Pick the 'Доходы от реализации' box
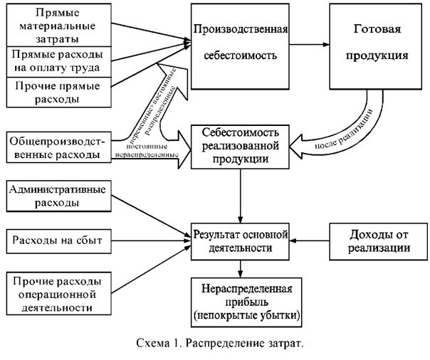tap(374, 241)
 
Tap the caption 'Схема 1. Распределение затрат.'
tap(214, 344)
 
